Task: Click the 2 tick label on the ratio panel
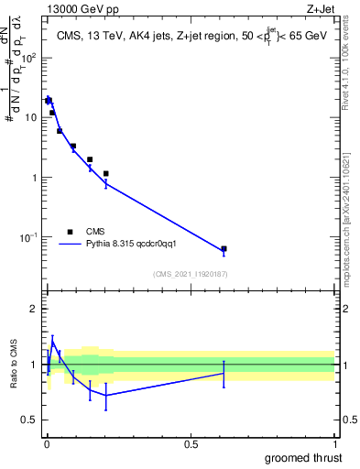[34, 309]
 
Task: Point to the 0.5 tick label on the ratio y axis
[30, 420]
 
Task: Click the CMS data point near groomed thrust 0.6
[224, 248]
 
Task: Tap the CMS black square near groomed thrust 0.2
[106, 173]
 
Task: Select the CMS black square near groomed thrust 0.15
[90, 159]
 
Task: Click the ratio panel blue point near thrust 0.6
[224, 373]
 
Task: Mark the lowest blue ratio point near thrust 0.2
[106, 395]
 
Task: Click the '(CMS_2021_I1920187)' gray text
[190, 273]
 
